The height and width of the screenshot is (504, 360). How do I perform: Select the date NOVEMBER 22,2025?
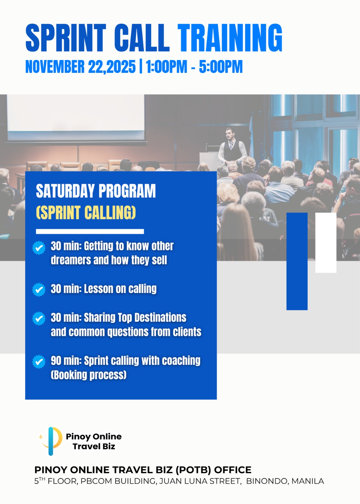pyautogui.click(x=80, y=67)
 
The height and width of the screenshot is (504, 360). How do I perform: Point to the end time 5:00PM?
pyautogui.click(x=221, y=67)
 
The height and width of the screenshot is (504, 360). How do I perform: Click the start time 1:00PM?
pyautogui.click(x=166, y=67)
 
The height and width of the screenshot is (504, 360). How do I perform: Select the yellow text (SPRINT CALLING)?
pyautogui.click(x=86, y=212)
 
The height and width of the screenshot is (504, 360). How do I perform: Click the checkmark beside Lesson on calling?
pyautogui.click(x=39, y=289)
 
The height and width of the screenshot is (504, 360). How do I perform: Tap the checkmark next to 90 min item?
pyautogui.click(x=39, y=361)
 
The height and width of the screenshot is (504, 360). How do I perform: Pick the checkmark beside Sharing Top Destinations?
pyautogui.click(x=39, y=318)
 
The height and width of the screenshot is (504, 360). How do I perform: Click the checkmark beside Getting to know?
pyautogui.click(x=39, y=248)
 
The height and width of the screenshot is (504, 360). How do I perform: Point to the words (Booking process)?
pyautogui.click(x=89, y=375)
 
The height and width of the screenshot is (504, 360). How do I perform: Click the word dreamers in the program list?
pyautogui.click(x=71, y=260)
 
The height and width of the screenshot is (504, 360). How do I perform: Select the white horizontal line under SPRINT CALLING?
pyautogui.click(x=90, y=231)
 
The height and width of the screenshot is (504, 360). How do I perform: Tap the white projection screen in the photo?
pyautogui.click(x=76, y=117)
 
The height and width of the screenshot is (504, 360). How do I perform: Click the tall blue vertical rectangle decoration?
pyautogui.click(x=297, y=261)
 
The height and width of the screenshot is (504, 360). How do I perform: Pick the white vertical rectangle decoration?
pyautogui.click(x=326, y=242)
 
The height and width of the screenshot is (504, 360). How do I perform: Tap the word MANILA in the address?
pyautogui.click(x=307, y=481)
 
